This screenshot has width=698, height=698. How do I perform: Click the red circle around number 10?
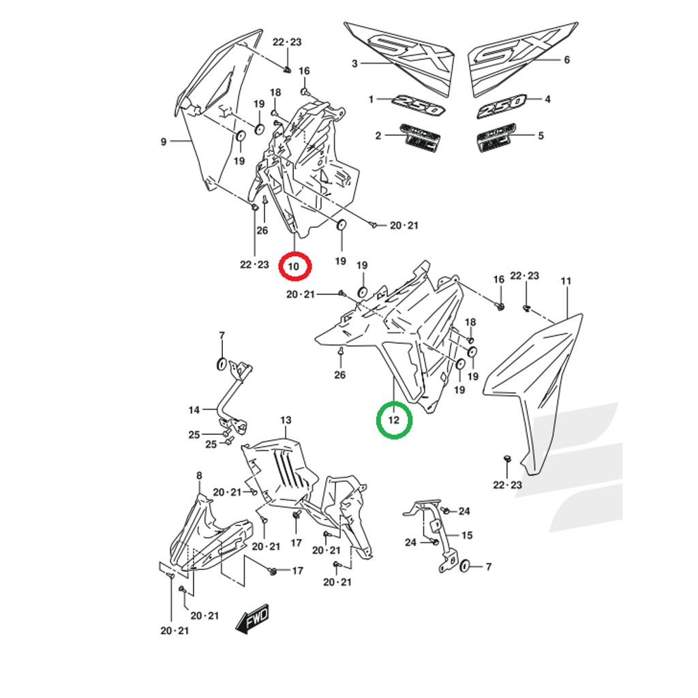click(x=294, y=266)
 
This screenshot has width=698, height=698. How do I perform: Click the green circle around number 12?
click(x=394, y=420)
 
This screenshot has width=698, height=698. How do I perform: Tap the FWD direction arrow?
click(x=252, y=618)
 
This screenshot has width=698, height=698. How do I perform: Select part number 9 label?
click(x=164, y=142)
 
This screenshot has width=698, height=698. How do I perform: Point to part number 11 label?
click(x=566, y=281)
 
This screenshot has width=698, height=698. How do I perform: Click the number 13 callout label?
click(x=286, y=420)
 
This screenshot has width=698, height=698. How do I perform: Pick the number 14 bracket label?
click(x=194, y=410)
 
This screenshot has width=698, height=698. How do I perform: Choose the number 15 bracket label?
click(x=468, y=535)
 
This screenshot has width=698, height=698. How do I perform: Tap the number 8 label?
click(x=199, y=475)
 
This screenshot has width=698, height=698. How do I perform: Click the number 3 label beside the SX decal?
click(x=354, y=63)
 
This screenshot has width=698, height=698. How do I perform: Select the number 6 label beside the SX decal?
click(x=566, y=60)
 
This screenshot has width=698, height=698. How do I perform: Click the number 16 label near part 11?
click(x=499, y=279)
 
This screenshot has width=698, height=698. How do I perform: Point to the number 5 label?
click(x=541, y=136)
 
